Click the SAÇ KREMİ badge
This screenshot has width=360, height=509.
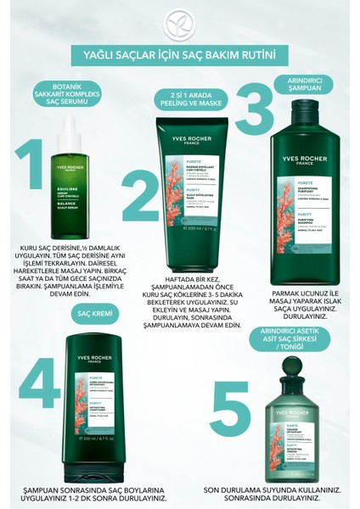(x=92, y=315)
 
